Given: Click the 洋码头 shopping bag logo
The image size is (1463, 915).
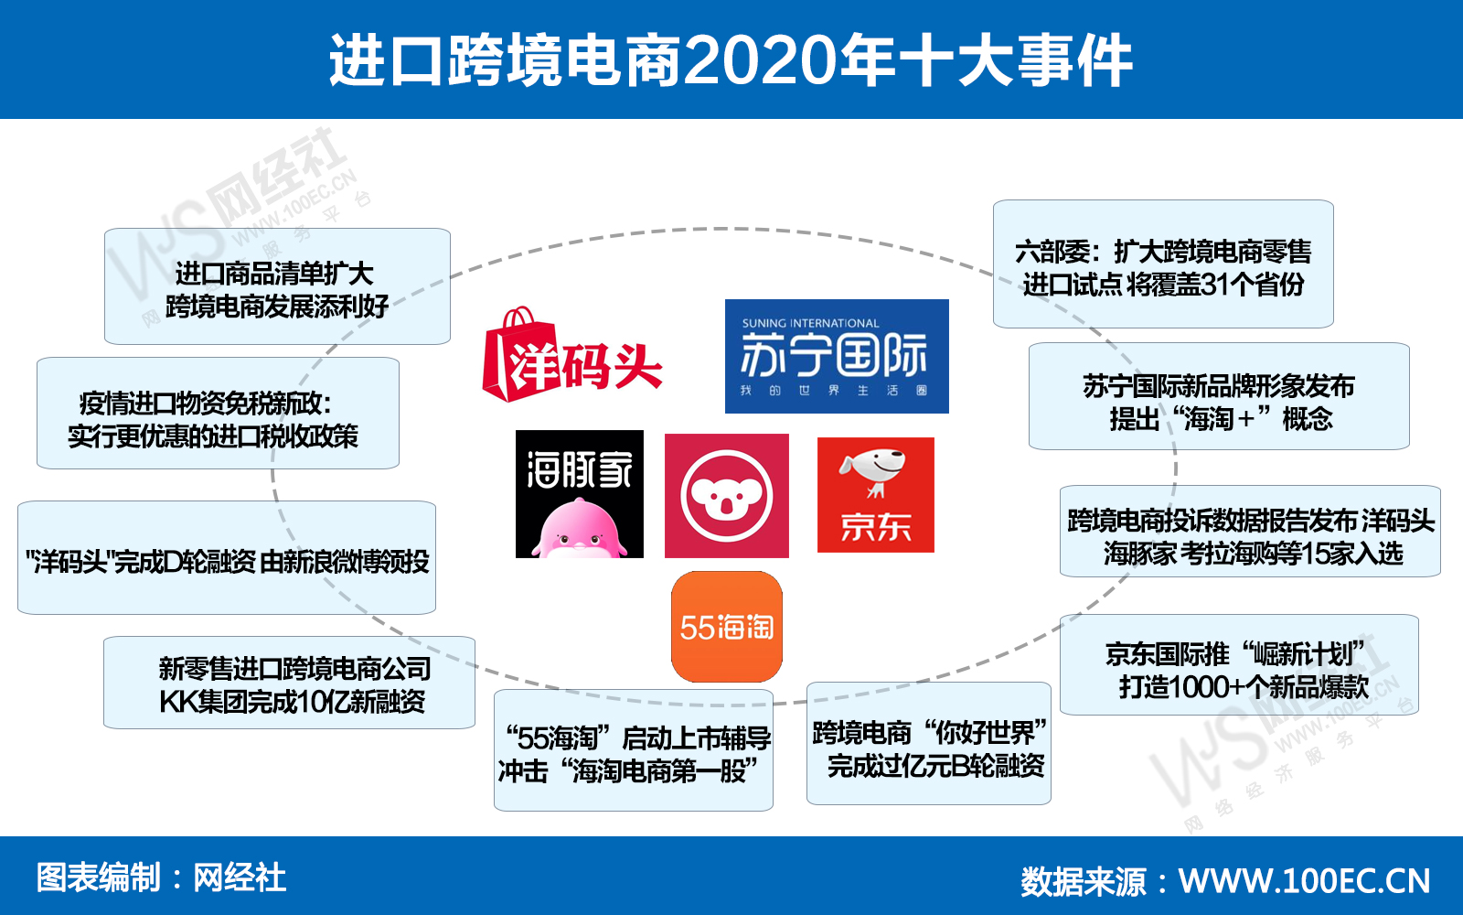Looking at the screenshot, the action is coord(571,357).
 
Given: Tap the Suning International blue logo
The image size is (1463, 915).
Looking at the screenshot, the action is coord(837,356).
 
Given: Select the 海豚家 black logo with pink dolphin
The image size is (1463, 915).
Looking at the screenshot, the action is coord(580,494).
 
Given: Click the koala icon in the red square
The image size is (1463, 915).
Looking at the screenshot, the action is coord(726,496).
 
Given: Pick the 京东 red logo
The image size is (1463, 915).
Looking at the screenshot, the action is coord(875,495).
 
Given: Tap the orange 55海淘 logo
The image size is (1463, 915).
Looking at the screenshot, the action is coord(727,627).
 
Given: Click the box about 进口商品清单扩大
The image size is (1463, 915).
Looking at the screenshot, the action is coord(277,287).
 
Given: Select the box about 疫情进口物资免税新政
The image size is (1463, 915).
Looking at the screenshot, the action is coord(218,414).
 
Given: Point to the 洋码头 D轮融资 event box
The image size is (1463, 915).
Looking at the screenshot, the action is coord(227,557).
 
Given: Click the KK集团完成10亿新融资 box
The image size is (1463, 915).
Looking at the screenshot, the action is coord(289,683).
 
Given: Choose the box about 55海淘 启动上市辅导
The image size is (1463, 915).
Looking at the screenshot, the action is coord(634,751).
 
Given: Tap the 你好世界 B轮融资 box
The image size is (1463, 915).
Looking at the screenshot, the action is coord(928,744).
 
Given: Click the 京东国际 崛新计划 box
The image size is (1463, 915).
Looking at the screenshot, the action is coord(1239,665).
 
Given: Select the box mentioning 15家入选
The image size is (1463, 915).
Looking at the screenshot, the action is coord(1250,532).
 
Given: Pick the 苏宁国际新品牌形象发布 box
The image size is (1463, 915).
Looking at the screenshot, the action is coord(1219,396).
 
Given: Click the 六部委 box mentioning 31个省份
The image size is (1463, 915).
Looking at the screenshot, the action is coord(1163,264).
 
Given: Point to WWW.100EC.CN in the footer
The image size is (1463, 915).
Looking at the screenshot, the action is coord(1304,880).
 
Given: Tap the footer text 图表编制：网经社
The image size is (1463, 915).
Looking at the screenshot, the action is coord(161,877).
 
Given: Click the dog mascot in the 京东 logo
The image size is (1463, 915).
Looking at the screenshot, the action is coord(872,468).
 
